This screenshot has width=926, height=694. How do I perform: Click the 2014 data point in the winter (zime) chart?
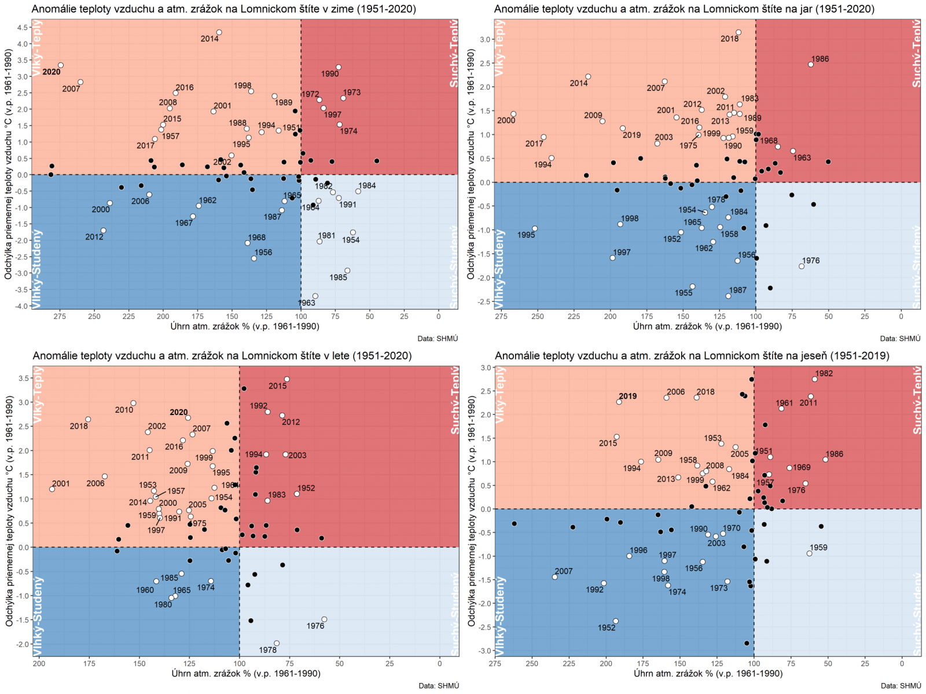click(219, 32)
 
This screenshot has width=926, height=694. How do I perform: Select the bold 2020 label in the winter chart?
click(52, 72)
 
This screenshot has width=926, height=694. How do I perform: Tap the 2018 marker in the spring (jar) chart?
click(738, 32)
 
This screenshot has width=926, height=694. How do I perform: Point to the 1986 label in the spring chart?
click(820, 59)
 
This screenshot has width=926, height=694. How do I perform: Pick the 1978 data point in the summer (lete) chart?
click(277, 643)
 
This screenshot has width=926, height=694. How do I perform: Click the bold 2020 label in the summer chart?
click(178, 413)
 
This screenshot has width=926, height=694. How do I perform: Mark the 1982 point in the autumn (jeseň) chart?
click(815, 379)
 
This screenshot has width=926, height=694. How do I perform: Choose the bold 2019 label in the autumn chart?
click(627, 396)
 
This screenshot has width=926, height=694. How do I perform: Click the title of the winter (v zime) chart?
click(223, 9)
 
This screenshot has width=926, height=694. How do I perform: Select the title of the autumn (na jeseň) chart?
click(692, 356)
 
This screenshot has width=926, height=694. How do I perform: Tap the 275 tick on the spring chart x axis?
click(501, 316)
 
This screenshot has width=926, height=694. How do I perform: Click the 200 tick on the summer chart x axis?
click(39, 663)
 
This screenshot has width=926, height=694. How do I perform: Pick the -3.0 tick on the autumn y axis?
click(485, 651)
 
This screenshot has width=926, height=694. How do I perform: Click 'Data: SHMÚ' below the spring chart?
click(900, 339)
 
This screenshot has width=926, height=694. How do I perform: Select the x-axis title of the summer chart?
click(245, 673)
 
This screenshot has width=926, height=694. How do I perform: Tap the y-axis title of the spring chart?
click(471, 164)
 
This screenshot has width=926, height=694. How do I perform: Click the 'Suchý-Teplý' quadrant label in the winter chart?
click(454, 53)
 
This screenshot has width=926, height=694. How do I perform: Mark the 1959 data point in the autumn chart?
click(809, 553)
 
